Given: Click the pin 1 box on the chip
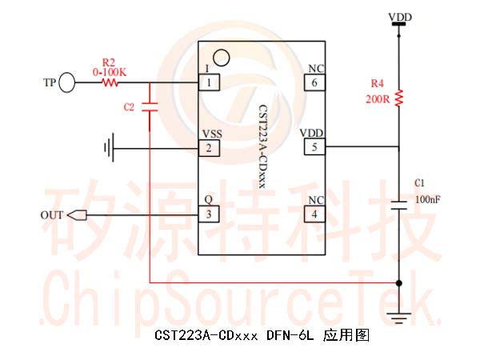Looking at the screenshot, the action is [209, 82].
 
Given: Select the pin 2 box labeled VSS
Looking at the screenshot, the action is [209, 148].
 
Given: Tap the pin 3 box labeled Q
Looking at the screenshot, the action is [209, 214].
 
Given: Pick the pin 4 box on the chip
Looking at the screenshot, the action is [314, 214].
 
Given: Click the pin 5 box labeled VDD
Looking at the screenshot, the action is [314, 147].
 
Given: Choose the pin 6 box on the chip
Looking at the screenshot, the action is [314, 82].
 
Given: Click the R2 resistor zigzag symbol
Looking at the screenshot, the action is [110, 82].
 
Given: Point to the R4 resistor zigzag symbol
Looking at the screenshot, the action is [398, 98].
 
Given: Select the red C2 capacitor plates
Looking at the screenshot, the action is [150, 107].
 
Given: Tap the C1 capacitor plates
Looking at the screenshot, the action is [398, 206].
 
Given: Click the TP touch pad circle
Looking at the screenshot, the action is [66, 82].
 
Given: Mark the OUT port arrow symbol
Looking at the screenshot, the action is [77, 215].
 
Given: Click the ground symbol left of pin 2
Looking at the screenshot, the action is [110, 147].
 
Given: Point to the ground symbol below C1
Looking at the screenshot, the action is [398, 318].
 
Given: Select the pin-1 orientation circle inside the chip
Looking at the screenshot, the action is [222, 58].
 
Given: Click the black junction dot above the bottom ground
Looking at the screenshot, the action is [398, 283].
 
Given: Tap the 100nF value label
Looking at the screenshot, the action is [428, 199].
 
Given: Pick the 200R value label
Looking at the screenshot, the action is [378, 99].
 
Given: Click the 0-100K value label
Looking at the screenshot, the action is [110, 73].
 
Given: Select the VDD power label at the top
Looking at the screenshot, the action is [400, 17].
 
